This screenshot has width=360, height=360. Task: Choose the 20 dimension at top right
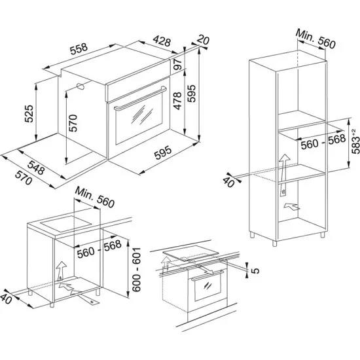tap(203, 41)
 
